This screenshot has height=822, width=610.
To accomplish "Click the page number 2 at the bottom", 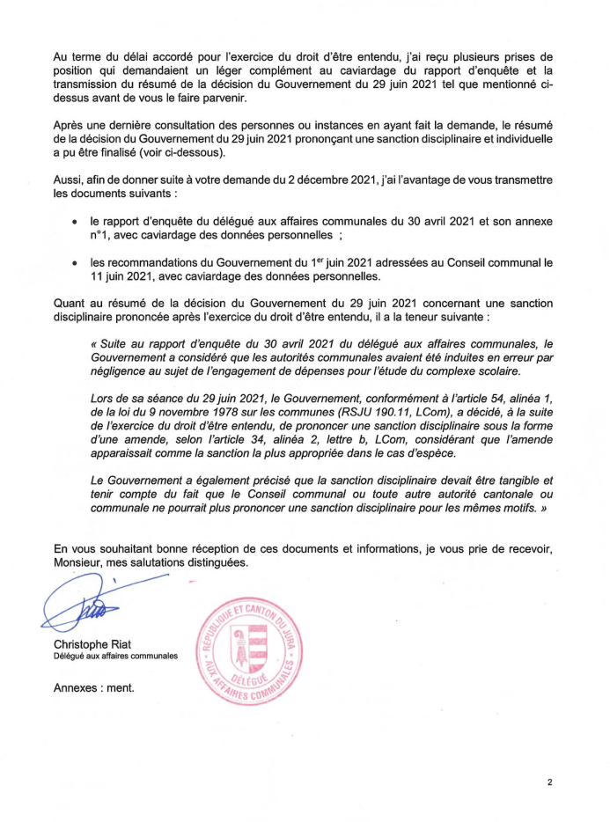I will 549,781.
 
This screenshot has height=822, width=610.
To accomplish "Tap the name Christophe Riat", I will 94,643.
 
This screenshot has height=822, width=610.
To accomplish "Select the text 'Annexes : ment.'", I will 94,686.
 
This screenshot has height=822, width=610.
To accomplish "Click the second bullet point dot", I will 76,261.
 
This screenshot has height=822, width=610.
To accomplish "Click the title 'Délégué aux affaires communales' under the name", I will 115,656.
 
